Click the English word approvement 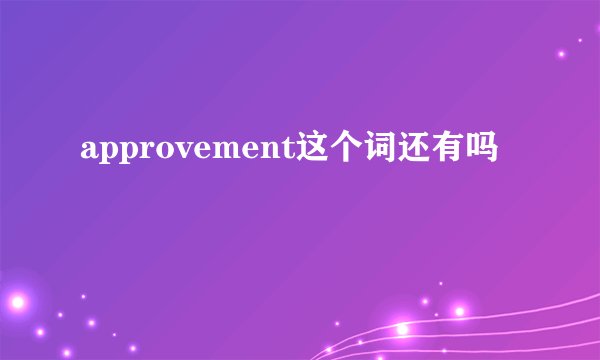click(x=186, y=151)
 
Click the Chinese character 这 click(x=309, y=150)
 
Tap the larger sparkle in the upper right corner click(x=563, y=55)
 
